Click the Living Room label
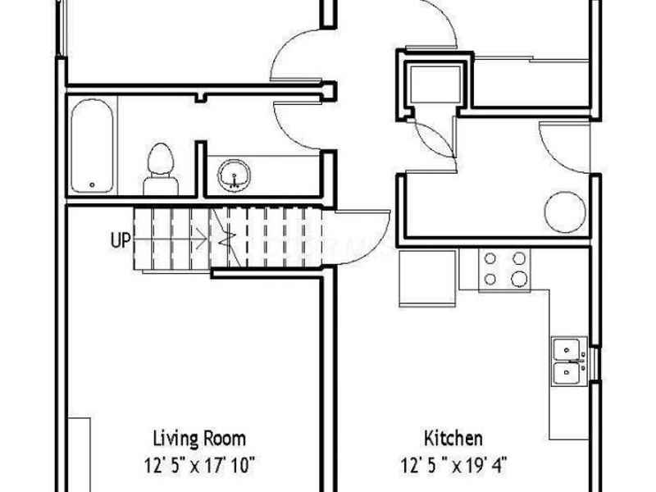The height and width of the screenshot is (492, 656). tap(199, 438)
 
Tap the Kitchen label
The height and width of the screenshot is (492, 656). tap(453, 438)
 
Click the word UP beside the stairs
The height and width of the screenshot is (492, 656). tap(119, 241)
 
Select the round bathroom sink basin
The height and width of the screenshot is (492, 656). tap(233, 174)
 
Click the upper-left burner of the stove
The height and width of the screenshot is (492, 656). tap(490, 259)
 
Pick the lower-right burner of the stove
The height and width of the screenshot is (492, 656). tap(518, 280)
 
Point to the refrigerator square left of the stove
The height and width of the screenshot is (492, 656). tap(426, 278)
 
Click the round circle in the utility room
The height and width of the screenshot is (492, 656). tap(563, 208)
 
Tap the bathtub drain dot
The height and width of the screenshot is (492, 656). tap(92, 185)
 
